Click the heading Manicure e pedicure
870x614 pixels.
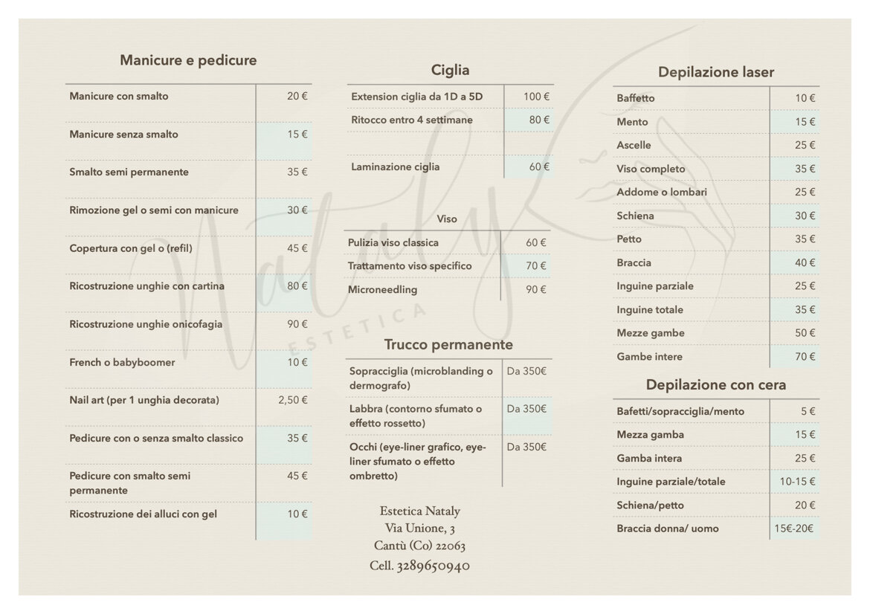(x=188, y=60)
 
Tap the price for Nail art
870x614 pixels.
(x=292, y=400)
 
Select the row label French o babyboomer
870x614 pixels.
(x=122, y=362)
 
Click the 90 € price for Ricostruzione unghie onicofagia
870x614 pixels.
(x=297, y=324)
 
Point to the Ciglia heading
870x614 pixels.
(x=450, y=71)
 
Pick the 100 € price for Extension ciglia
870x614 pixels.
(x=536, y=97)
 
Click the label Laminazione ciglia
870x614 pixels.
(x=395, y=167)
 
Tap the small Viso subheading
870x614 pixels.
(x=447, y=219)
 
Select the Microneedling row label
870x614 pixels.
(x=382, y=289)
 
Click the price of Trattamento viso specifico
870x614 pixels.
(x=535, y=265)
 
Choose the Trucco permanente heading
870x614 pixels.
(x=448, y=345)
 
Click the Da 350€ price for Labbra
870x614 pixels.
(x=526, y=409)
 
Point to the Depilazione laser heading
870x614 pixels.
(x=715, y=72)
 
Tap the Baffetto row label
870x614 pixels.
(x=635, y=98)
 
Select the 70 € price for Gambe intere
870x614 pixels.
(x=805, y=357)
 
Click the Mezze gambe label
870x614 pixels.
(x=650, y=333)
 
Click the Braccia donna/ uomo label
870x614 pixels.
(x=667, y=529)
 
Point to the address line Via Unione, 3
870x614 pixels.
(x=419, y=528)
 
